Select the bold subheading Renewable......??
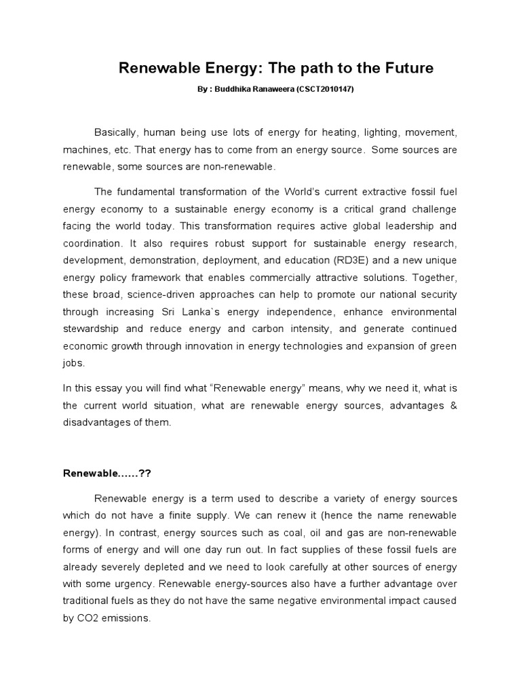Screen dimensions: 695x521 pos(107,473)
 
